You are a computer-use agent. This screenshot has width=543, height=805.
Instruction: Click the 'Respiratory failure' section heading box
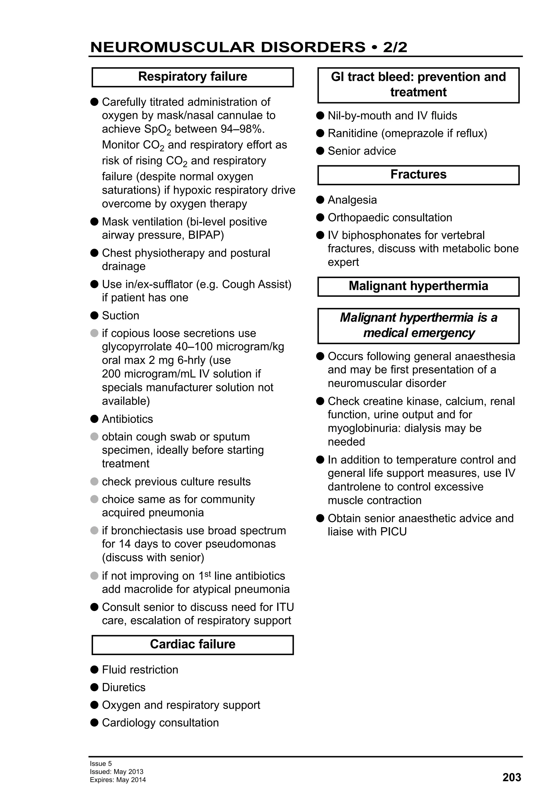[x=192, y=77]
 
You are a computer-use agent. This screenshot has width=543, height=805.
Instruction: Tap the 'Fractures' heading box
[x=418, y=175]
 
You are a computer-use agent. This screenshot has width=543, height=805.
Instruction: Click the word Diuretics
[x=124, y=687]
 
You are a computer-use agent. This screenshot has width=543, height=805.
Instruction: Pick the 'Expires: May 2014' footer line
[x=118, y=780]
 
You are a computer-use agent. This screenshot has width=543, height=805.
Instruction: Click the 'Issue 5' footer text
[x=101, y=763]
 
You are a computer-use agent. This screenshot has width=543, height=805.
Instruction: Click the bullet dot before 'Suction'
[x=94, y=315]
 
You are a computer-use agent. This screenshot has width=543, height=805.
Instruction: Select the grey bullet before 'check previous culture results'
[x=94, y=482]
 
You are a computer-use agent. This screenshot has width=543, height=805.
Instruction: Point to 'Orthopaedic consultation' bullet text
[x=390, y=218]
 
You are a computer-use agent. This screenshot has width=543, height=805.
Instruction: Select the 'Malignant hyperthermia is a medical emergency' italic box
[x=418, y=326]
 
